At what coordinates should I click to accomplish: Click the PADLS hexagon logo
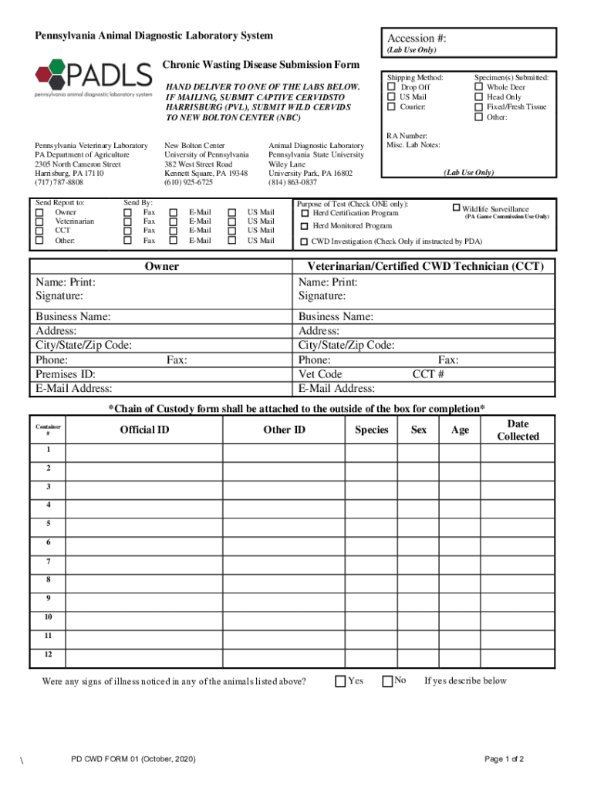click(x=52, y=75)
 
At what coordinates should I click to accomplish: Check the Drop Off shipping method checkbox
click(x=391, y=87)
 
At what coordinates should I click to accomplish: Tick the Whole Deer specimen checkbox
click(x=478, y=87)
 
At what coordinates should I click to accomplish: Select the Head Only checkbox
click(x=478, y=97)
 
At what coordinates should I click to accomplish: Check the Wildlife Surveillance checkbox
click(x=456, y=208)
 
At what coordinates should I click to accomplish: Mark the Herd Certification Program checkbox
click(x=305, y=213)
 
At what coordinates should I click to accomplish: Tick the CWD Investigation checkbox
click(x=305, y=241)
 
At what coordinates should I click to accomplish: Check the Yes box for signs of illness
click(x=340, y=680)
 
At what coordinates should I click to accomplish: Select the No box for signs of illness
click(x=387, y=680)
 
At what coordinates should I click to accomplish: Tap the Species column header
click(x=371, y=430)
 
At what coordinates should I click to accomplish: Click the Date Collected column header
click(x=518, y=430)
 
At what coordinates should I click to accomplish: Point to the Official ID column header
click(x=144, y=430)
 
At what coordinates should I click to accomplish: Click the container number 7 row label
click(x=48, y=561)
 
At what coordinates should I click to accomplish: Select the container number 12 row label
click(x=48, y=655)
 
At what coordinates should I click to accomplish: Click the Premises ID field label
click(x=66, y=374)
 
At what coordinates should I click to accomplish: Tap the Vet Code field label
click(x=320, y=374)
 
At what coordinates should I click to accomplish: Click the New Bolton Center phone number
click(x=189, y=183)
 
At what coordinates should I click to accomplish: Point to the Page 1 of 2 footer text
click(x=504, y=759)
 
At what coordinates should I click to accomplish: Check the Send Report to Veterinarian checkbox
click(x=39, y=221)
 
